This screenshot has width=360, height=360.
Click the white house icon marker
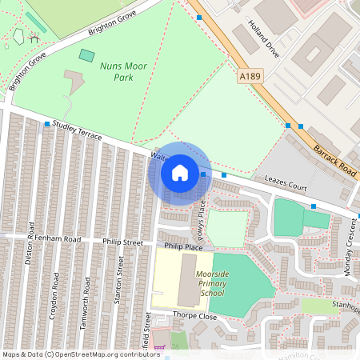180,173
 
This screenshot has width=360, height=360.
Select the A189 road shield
250,76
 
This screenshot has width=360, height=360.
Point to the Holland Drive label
263,39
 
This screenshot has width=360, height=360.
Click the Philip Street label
122,242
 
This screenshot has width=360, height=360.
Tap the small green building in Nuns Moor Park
86,56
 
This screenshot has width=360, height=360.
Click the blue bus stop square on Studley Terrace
47,124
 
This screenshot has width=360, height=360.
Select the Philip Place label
184,247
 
